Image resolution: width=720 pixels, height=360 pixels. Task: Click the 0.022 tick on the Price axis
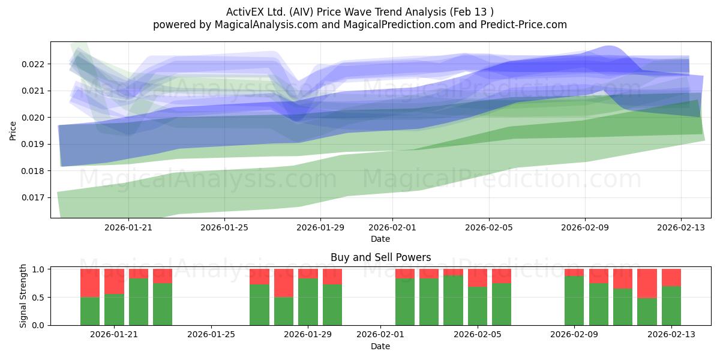point(32,64)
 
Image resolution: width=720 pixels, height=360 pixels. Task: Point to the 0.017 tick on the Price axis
point(32,197)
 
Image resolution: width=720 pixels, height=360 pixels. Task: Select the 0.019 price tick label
point(32,145)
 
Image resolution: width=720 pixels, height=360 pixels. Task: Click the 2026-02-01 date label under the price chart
point(392,227)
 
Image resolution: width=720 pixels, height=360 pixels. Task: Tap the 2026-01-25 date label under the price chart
point(224,227)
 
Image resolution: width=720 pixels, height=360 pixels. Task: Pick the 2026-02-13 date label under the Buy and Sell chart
point(671,334)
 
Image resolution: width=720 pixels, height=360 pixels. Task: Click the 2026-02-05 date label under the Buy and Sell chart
point(478,334)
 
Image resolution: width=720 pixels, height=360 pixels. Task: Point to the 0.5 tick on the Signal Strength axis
point(38,298)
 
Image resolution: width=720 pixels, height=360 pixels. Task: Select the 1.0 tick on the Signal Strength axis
point(38,269)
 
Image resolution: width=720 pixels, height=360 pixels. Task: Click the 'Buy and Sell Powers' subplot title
point(380,257)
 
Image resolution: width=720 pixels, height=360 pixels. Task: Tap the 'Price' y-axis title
point(13,131)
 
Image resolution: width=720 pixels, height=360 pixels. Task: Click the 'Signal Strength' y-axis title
point(23,296)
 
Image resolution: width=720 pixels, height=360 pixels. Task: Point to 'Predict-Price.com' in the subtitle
point(524,25)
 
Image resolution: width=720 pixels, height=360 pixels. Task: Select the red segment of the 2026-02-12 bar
point(647,283)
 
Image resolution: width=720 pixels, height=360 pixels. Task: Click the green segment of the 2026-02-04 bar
point(453,300)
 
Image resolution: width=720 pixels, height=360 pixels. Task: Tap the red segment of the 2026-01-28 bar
point(284,283)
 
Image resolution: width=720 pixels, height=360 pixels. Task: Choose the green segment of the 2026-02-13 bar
point(671,305)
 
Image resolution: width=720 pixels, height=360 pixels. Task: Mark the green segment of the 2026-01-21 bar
point(114,310)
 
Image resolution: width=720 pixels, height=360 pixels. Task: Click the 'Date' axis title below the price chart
point(380,239)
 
